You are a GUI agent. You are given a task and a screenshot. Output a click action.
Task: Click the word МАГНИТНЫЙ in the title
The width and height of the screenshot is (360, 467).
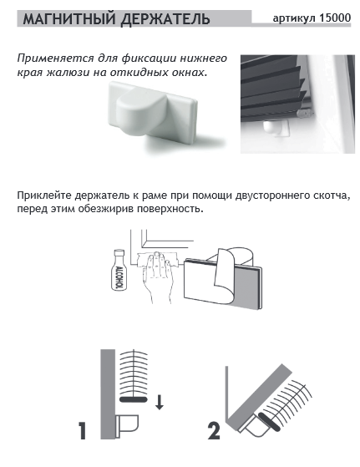[x=69, y=19]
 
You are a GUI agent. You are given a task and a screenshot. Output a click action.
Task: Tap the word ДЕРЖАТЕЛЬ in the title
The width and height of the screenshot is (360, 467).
[x=165, y=19]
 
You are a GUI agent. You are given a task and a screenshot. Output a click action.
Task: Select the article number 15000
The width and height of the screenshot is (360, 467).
[x=335, y=18]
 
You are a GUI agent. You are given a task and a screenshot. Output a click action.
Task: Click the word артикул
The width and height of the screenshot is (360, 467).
[x=295, y=18]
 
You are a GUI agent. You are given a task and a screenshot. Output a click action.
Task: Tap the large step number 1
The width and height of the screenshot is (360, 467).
[x=83, y=431]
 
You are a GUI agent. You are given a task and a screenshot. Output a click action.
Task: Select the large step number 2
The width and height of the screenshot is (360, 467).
[x=214, y=431]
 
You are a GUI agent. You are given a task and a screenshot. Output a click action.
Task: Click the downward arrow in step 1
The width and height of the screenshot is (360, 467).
[x=160, y=402]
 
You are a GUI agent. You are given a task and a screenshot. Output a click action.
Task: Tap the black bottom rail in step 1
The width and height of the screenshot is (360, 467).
[x=133, y=399]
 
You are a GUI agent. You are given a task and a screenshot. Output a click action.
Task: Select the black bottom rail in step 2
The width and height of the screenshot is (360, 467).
[x=269, y=422]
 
